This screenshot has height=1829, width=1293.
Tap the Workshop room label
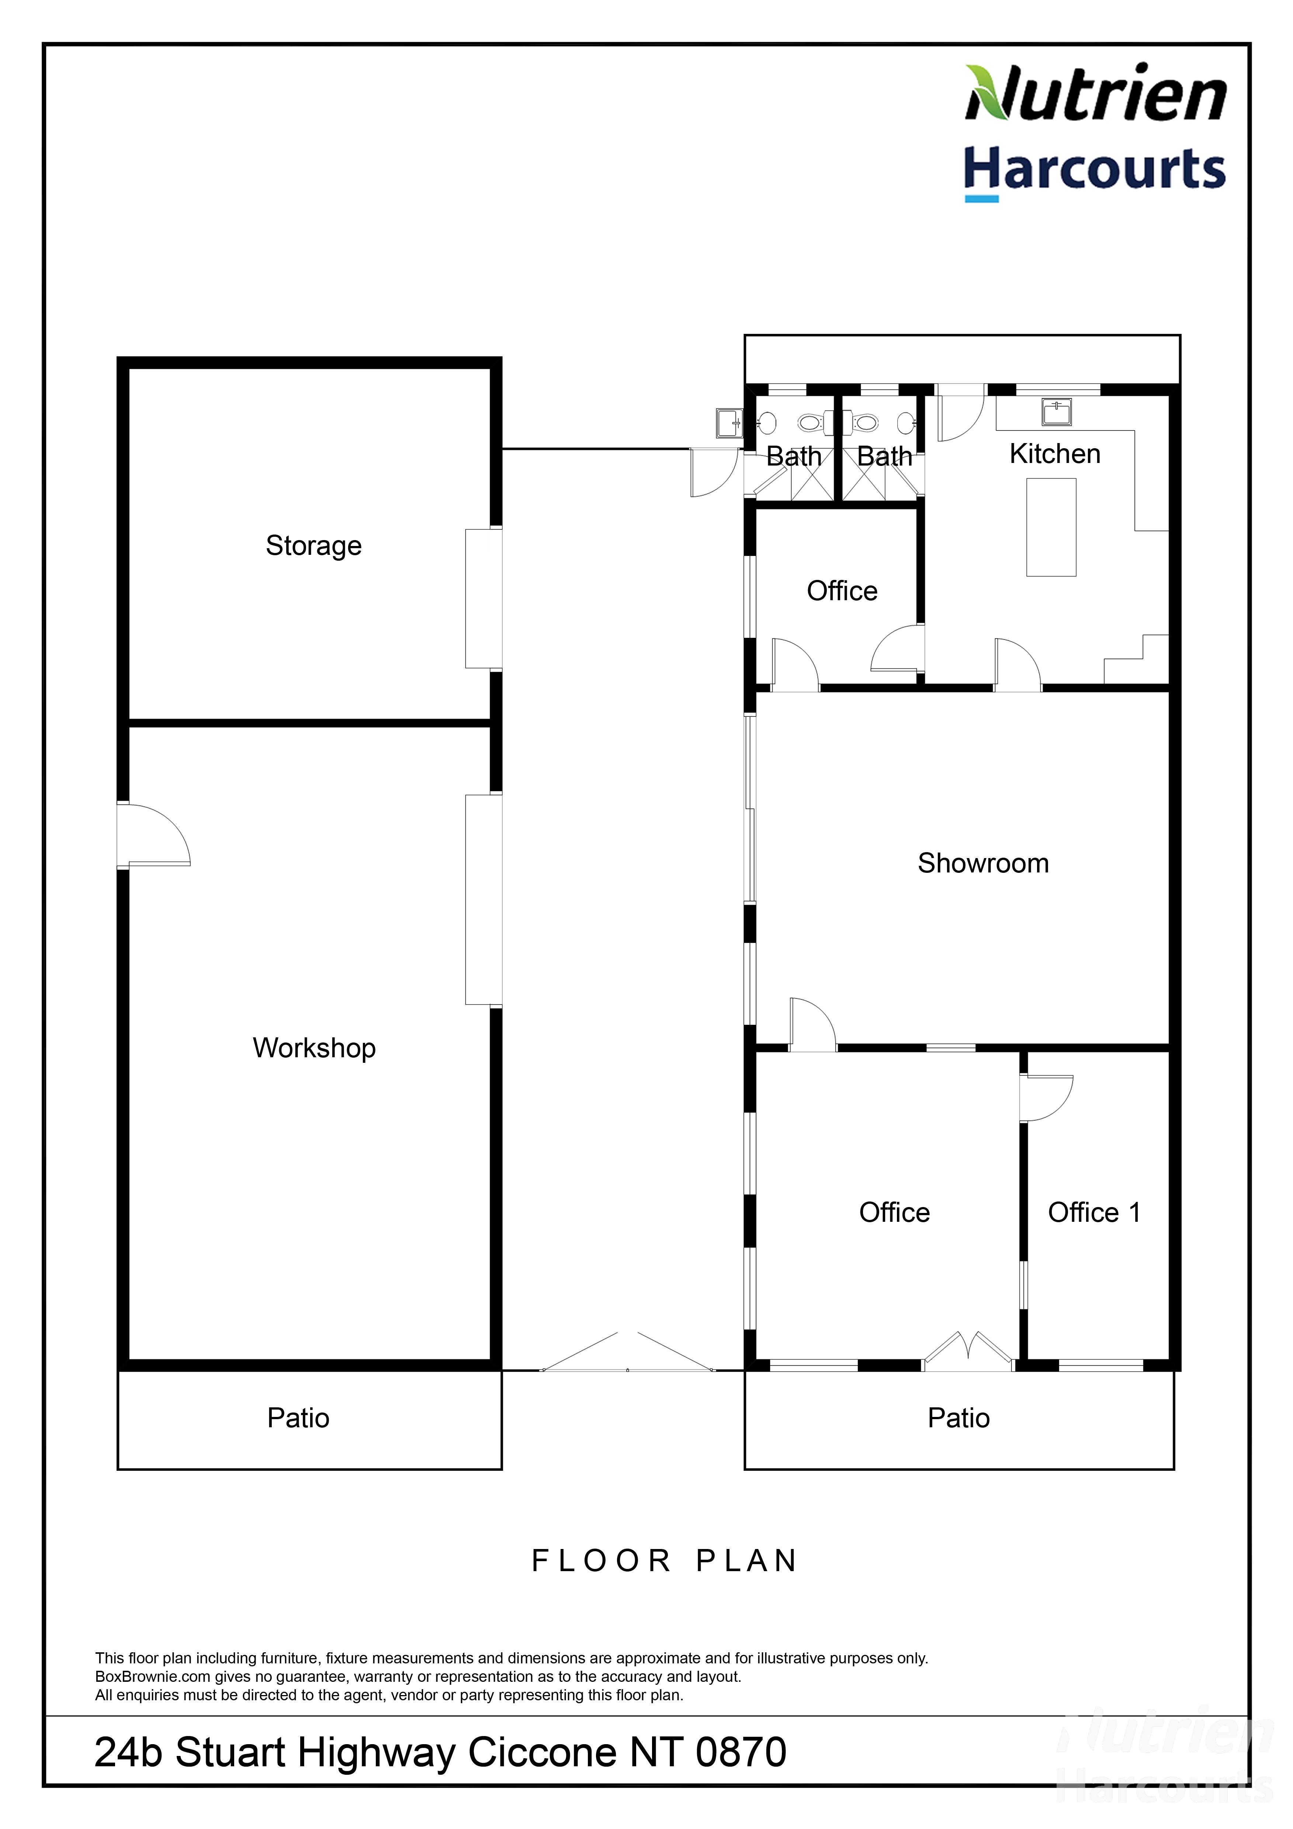point(314,1048)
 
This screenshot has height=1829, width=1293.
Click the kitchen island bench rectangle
point(1051,528)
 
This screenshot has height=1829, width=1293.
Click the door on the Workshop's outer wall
point(153,835)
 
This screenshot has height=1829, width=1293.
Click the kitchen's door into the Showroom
point(1018,664)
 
